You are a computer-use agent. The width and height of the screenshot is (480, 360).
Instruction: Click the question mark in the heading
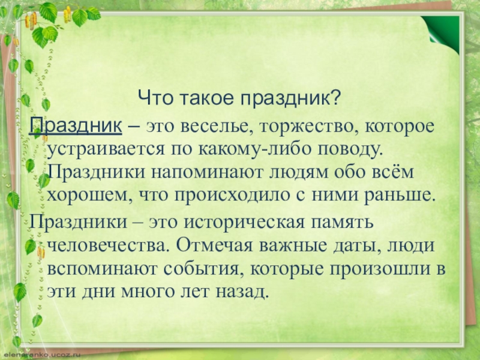pos(337,96)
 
